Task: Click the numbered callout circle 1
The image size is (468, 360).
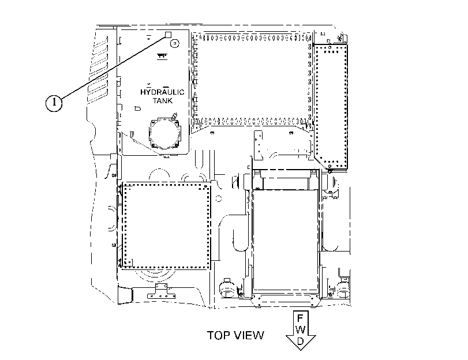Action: point(54,102)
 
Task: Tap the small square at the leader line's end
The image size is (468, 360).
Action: point(168,35)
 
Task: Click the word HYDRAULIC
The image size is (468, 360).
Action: point(162,92)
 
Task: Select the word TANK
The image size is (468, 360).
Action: point(163,100)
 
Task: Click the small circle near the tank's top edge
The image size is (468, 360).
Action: point(175,44)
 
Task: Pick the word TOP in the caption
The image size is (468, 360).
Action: point(217,335)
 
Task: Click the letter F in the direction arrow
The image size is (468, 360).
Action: point(301,318)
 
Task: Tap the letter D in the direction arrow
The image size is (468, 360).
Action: point(301,340)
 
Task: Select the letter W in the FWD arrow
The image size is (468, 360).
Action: point(301,329)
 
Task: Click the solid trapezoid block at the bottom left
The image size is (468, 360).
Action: point(125,295)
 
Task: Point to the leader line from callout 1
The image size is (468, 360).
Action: point(113,66)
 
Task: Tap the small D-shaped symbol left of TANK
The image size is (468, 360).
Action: point(137,108)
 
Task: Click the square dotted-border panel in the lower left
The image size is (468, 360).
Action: point(166,227)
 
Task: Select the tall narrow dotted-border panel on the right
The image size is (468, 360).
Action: point(331,107)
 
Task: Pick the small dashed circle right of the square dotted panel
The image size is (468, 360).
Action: point(219,198)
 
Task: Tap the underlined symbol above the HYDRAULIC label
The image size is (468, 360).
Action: point(162,57)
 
